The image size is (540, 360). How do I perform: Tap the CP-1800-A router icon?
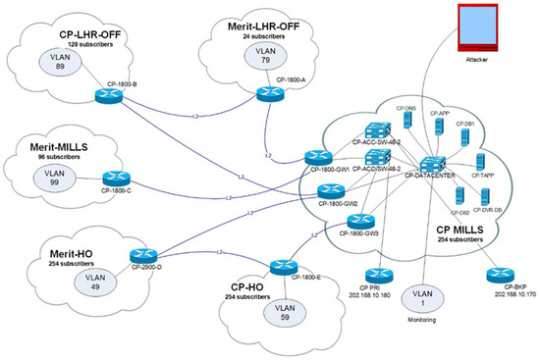(x=265, y=95)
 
